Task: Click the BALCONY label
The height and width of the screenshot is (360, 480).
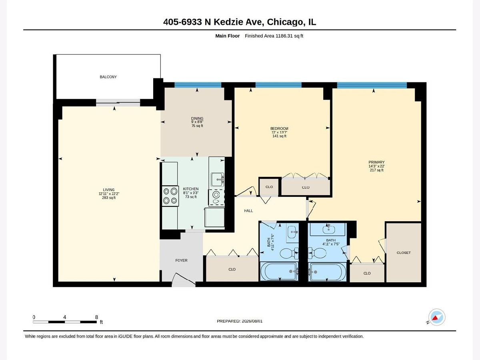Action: point(108,77)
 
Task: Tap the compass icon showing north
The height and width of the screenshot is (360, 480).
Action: point(437,317)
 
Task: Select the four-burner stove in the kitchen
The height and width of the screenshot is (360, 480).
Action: point(170,196)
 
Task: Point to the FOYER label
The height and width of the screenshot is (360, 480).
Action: point(181,260)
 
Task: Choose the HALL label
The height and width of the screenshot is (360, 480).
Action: point(248,211)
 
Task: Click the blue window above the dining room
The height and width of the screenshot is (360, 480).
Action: point(198,85)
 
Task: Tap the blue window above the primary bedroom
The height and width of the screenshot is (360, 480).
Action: point(372,85)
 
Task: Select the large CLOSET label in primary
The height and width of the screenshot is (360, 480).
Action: point(404,253)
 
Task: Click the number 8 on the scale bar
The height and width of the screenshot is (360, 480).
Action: point(96,317)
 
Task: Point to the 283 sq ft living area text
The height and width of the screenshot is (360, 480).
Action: point(109,198)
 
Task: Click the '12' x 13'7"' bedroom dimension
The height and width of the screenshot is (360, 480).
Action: point(279,132)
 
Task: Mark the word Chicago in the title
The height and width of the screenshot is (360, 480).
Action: point(285,22)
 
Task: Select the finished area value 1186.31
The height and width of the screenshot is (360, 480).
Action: point(284,36)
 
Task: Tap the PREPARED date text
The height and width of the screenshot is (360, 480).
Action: point(240,321)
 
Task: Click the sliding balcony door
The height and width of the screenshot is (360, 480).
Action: point(118,102)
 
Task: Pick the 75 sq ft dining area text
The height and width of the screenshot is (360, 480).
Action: point(197,126)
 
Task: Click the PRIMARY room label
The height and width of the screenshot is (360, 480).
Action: point(376,162)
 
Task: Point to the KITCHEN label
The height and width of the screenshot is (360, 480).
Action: point(191,189)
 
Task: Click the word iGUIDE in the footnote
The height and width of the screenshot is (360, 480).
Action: point(126,336)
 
